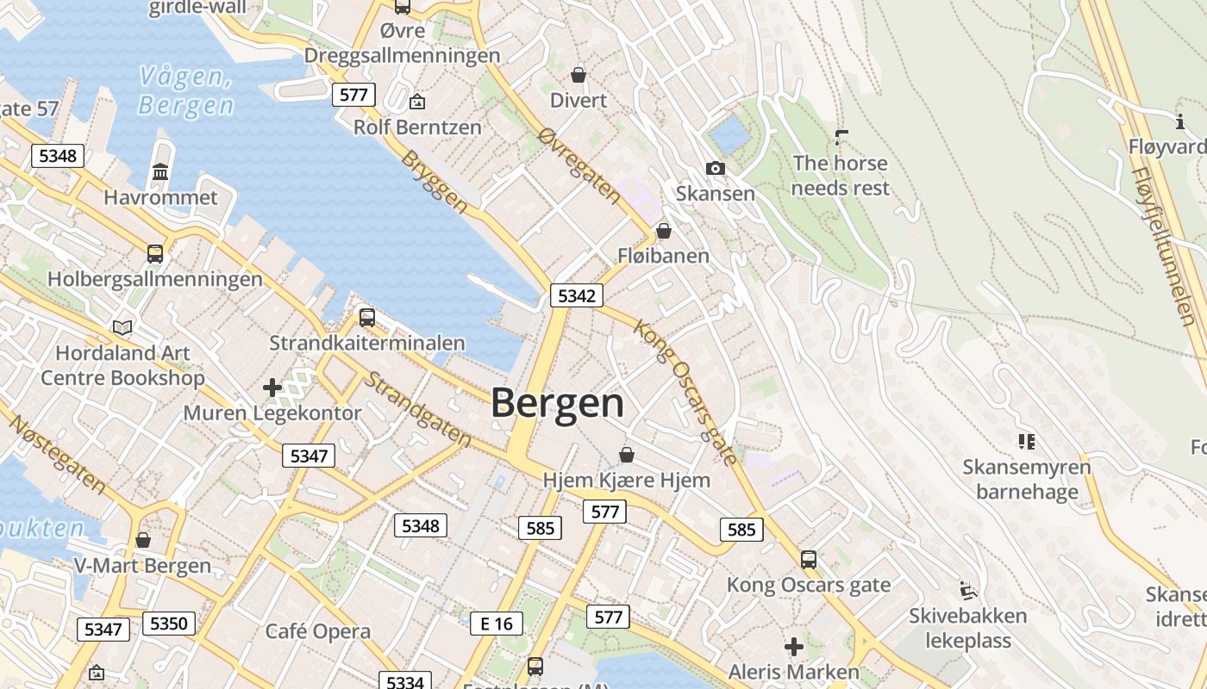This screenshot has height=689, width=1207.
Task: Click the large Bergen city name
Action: pos(557,404)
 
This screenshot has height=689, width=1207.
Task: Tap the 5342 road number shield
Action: pos(576,296)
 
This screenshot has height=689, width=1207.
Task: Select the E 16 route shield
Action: pos(497,624)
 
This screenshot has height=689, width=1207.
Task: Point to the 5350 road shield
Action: pos(169,624)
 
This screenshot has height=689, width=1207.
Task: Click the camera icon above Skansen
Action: pos(715,169)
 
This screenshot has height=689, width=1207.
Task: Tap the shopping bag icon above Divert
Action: pos(578,76)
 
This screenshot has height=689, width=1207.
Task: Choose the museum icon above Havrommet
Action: pos(160,172)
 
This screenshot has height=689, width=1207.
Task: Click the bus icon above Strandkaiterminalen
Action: pos(367,318)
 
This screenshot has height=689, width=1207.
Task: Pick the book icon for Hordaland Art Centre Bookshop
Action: pos(122,327)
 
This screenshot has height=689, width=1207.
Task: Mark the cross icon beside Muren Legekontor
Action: pos(272,388)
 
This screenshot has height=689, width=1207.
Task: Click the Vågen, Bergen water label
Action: pos(185,91)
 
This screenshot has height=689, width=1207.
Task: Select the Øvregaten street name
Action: pos(578,165)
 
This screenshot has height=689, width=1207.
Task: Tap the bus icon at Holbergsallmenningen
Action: pos(155,254)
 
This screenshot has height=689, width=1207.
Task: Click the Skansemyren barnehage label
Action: pos(1026,480)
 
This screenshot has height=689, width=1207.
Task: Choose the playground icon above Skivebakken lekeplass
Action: pos(968,591)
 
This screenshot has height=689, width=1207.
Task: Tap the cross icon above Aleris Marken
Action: pos(794,646)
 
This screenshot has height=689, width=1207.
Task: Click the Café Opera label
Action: pos(317,631)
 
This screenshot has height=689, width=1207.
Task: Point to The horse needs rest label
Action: pos(841,175)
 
